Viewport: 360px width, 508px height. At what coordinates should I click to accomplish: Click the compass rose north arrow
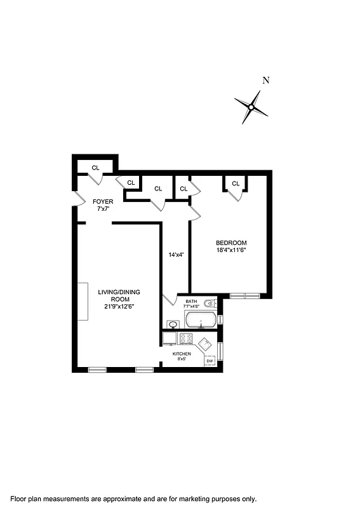(x=251, y=107)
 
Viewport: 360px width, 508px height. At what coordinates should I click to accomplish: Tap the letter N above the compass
(x=267, y=81)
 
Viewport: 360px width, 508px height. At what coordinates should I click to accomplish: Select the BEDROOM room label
(x=231, y=243)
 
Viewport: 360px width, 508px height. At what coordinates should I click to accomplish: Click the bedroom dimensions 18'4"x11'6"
(x=231, y=250)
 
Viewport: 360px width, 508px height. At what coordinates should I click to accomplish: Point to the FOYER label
(x=103, y=201)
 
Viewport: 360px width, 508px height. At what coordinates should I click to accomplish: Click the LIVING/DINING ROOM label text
(x=119, y=296)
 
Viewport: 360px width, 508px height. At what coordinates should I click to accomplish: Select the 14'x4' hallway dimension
(x=176, y=255)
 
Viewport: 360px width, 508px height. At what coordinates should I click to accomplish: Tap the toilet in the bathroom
(x=211, y=304)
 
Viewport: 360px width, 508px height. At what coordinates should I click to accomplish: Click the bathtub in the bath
(x=201, y=323)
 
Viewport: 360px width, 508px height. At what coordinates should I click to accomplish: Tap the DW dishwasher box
(x=210, y=361)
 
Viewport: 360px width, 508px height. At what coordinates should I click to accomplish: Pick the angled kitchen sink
(x=205, y=345)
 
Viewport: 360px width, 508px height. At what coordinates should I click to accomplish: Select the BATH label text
(x=191, y=301)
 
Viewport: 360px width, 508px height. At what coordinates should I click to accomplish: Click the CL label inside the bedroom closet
(x=236, y=184)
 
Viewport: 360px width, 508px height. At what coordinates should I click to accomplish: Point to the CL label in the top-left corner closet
(x=95, y=168)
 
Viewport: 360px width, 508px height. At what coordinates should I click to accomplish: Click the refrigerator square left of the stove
(x=170, y=338)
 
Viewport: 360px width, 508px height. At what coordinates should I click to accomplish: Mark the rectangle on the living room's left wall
(x=83, y=301)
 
